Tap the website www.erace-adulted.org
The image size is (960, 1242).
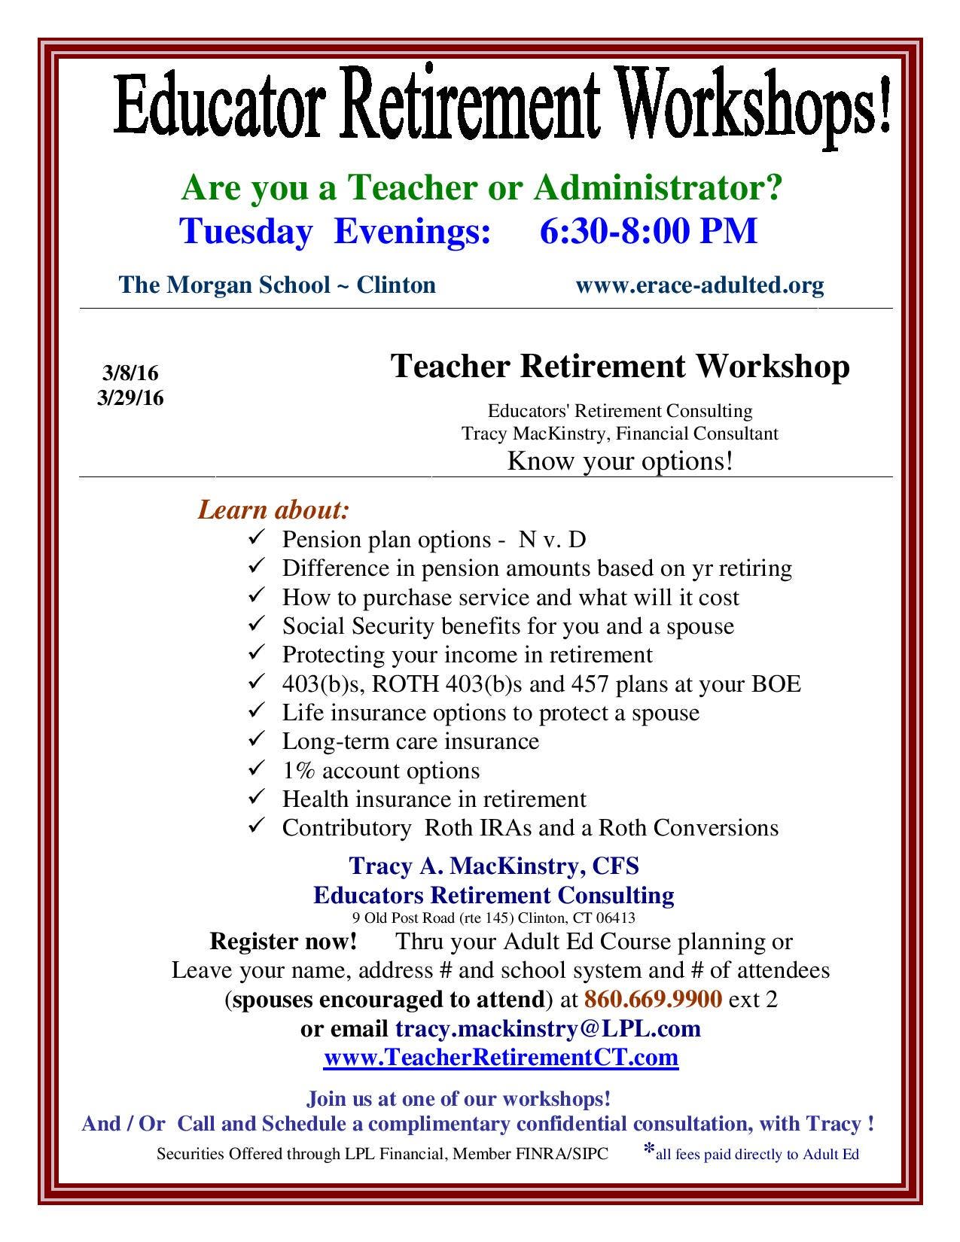click(699, 285)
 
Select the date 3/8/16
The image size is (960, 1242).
click(130, 373)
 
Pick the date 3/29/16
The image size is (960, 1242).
click(130, 397)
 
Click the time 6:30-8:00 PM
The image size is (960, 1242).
click(648, 231)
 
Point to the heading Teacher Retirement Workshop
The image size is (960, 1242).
click(620, 367)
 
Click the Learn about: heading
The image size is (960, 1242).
click(273, 510)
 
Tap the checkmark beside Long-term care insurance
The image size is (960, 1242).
click(256, 740)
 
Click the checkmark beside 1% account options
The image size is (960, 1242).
click(256, 769)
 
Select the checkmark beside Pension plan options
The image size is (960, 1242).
click(256, 537)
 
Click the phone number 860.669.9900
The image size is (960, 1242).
click(653, 999)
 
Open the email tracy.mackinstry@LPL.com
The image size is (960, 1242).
click(548, 1028)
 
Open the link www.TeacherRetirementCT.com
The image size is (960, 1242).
click(501, 1058)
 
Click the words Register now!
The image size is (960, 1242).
click(283, 941)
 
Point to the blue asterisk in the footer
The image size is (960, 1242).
click(649, 1149)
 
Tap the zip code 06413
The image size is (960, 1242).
click(617, 918)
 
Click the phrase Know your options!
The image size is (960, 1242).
click(620, 461)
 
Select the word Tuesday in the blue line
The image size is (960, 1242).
click(245, 231)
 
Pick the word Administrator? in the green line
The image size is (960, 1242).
click(658, 187)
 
